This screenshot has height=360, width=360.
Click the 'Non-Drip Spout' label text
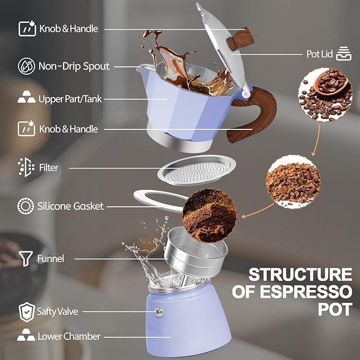(x=74, y=66)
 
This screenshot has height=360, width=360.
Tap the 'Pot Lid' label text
(x=319, y=54)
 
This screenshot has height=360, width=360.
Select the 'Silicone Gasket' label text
(x=71, y=206)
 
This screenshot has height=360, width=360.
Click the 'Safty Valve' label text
(x=57, y=311)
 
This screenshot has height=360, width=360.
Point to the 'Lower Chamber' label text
(x=69, y=336)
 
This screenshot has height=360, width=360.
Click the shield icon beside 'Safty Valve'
(x=26, y=311)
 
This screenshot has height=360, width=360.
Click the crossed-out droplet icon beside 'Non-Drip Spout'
(x=26, y=66)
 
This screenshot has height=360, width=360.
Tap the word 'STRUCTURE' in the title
(x=300, y=275)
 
